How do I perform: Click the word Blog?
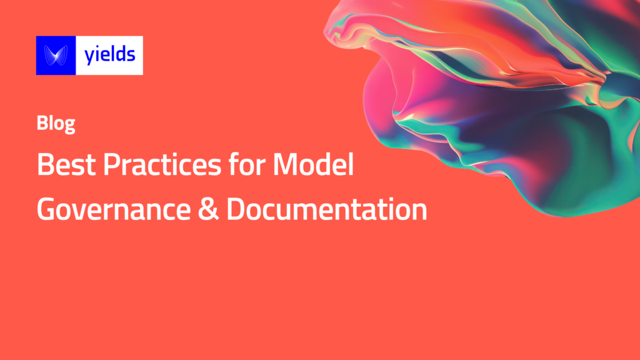coord(56,124)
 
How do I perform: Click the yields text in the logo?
coord(109,55)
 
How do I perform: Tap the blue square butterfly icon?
coord(56,56)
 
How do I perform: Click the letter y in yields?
coord(89,57)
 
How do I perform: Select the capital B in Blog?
coord(42,124)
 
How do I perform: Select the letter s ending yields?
coord(131,56)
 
